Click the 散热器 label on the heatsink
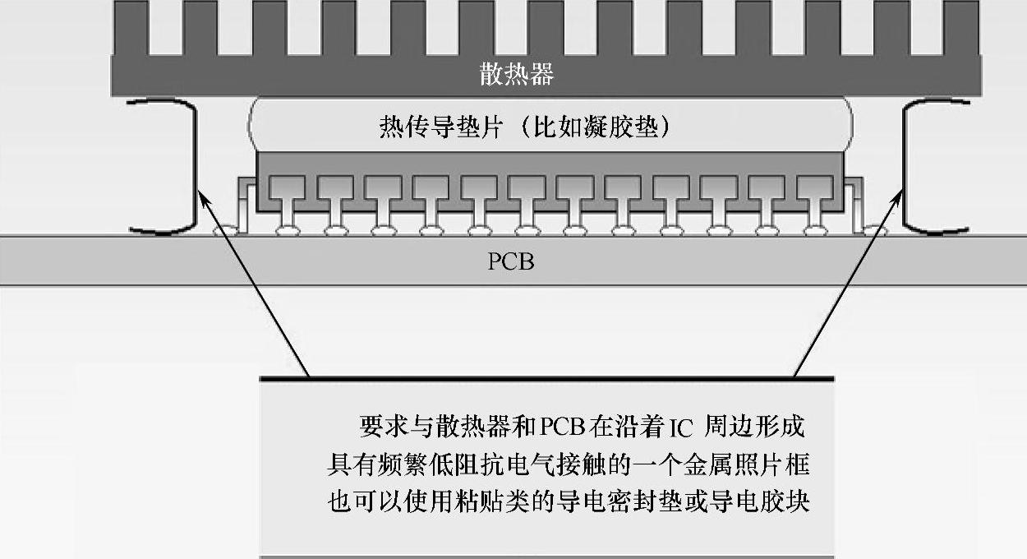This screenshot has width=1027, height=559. [x=517, y=75]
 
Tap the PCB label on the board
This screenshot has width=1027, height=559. [x=511, y=262]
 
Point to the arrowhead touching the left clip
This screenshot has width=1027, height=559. [x=205, y=195]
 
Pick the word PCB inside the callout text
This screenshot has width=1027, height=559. [x=561, y=427]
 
